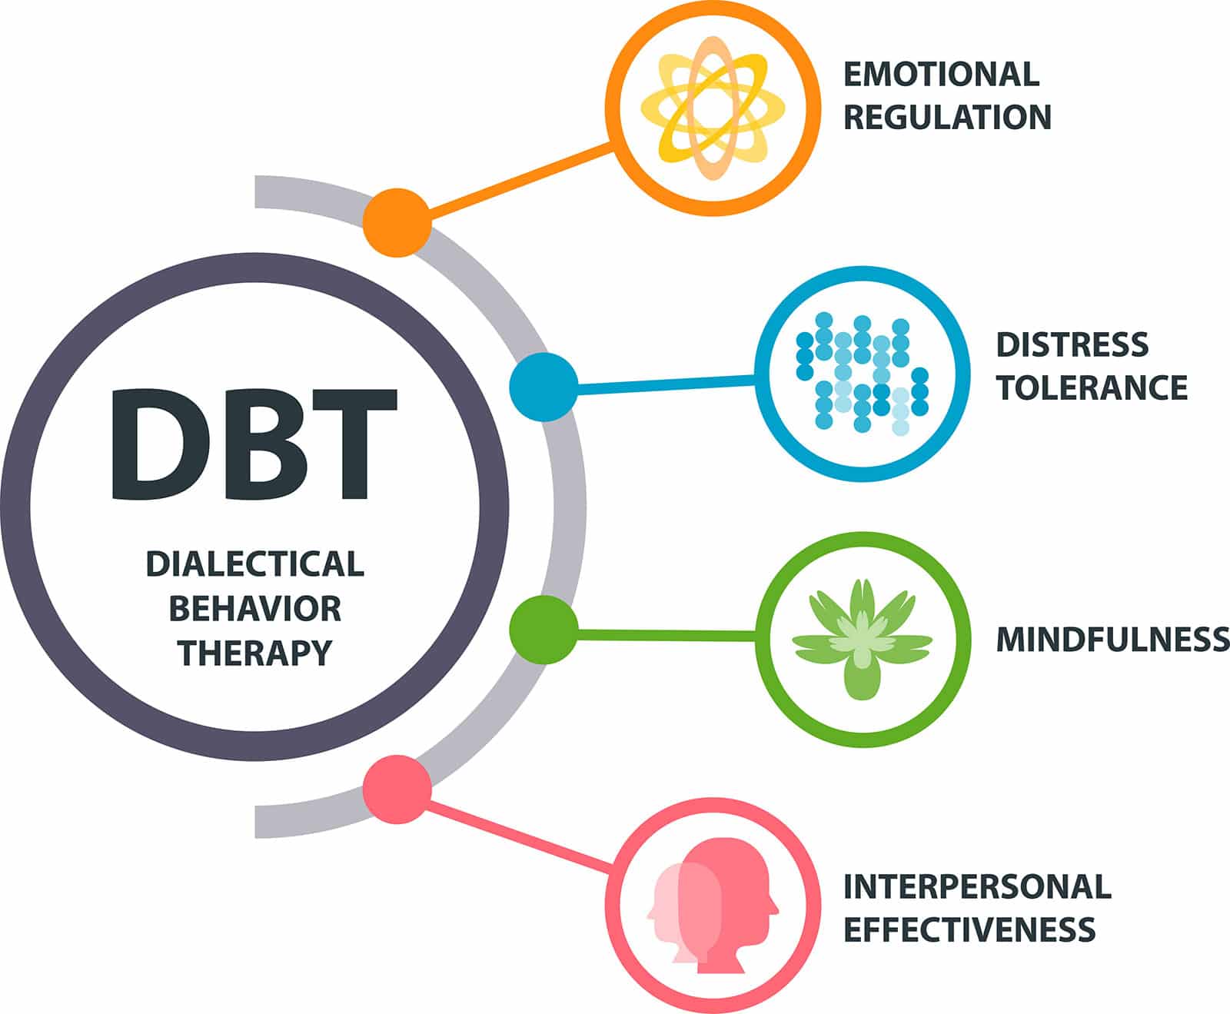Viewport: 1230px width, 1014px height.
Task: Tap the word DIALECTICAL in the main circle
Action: click(x=254, y=564)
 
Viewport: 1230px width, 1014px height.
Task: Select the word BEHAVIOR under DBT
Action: click(x=254, y=609)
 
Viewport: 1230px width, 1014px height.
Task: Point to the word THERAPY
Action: click(x=254, y=653)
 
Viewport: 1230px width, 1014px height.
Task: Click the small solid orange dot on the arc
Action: click(x=397, y=222)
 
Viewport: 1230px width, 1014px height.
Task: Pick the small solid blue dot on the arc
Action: click(x=544, y=387)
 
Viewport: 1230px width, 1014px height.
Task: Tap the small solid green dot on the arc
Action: click(x=544, y=629)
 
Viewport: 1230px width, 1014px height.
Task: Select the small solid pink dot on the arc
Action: click(x=397, y=790)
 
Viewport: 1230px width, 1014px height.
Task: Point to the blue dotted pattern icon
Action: click(x=862, y=374)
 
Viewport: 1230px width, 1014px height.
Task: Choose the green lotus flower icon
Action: click(x=862, y=639)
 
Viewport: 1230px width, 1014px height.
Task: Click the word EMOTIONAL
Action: click(x=941, y=74)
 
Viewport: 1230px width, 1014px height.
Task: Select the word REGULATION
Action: click(x=947, y=118)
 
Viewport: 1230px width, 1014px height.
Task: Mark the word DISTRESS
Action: click(x=1072, y=344)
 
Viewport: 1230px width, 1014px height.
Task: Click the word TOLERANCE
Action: click(x=1092, y=387)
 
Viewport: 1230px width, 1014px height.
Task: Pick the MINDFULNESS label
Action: click(x=1112, y=640)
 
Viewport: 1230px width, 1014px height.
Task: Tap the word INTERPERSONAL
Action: click(x=977, y=886)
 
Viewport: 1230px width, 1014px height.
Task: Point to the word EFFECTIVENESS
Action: click(x=969, y=929)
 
